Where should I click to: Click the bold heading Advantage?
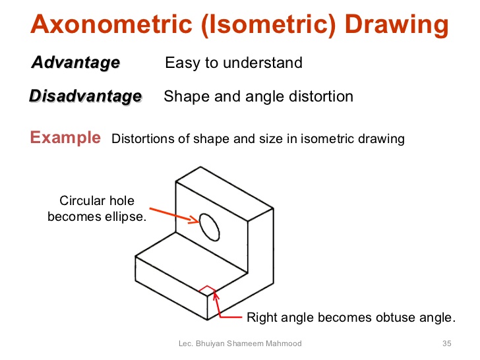pyautogui.click(x=75, y=63)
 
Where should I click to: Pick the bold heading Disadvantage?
pyautogui.click(x=85, y=96)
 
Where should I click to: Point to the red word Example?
pyautogui.click(x=65, y=138)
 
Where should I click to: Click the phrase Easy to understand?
pyautogui.click(x=233, y=63)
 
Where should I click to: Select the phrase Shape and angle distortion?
pyautogui.click(x=258, y=96)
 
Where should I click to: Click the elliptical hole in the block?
pyautogui.click(x=210, y=227)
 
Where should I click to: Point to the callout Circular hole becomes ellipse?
pyautogui.click(x=96, y=208)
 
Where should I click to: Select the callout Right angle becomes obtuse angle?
pyautogui.click(x=350, y=317)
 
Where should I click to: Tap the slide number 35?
pyautogui.click(x=446, y=344)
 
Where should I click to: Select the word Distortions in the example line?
pyautogui.click(x=142, y=139)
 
